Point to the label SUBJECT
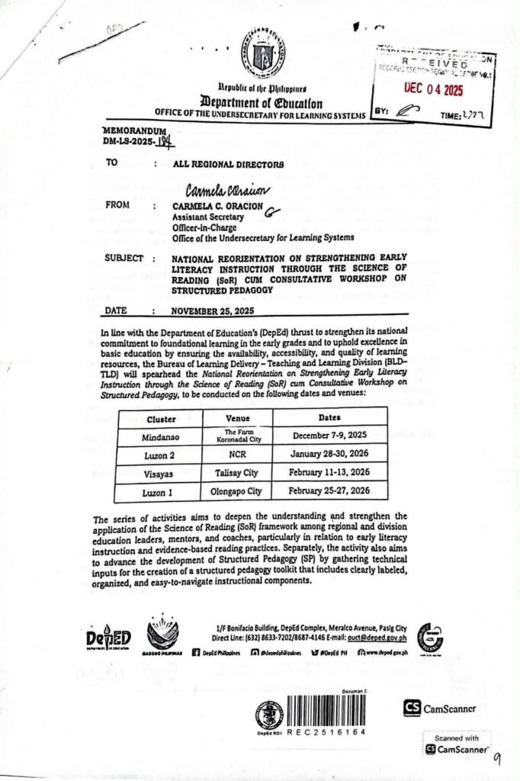pos(124,259)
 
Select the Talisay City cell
pos(238,473)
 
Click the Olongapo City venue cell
pos(238,491)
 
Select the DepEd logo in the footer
pos(108,638)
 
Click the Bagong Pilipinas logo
pos(162,635)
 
